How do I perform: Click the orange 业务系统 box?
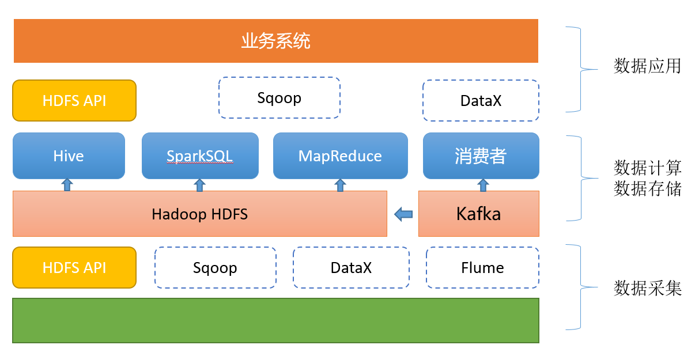pyautogui.click(x=276, y=41)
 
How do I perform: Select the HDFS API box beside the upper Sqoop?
pyautogui.click(x=74, y=100)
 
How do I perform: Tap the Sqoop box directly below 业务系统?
pyautogui.click(x=279, y=98)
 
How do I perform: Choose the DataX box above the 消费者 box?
pyautogui.click(x=481, y=100)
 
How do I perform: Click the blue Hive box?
pyautogui.click(x=69, y=156)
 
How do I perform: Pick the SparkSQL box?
pyautogui.click(x=200, y=156)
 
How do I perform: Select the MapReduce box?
pyautogui.click(x=341, y=156)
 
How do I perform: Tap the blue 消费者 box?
pyautogui.click(x=481, y=156)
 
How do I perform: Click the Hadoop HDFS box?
pyautogui.click(x=200, y=214)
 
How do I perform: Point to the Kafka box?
pyautogui.click(x=479, y=214)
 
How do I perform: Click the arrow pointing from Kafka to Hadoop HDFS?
pyautogui.click(x=403, y=214)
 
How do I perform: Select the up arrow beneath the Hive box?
pyautogui.click(x=67, y=185)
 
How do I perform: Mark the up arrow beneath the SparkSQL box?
pyautogui.click(x=199, y=185)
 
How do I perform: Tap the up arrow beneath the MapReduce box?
pyautogui.click(x=340, y=185)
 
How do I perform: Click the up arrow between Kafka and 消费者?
pyautogui.click(x=483, y=185)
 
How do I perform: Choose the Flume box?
pyautogui.click(x=482, y=268)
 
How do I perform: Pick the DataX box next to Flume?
pyautogui.click(x=351, y=268)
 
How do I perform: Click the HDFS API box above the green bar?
pyautogui.click(x=74, y=268)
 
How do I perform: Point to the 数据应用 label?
pyautogui.click(x=647, y=66)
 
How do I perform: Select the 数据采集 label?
pyautogui.click(x=647, y=288)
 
